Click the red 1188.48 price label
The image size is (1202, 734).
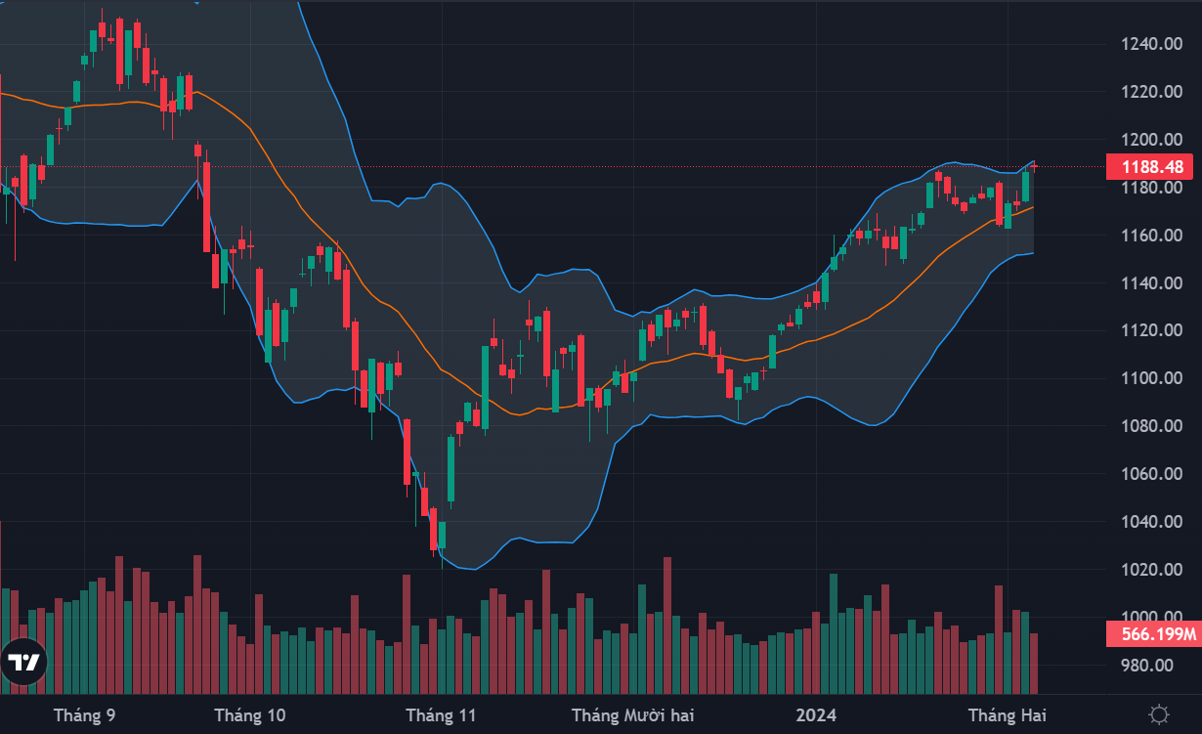coord(1153,167)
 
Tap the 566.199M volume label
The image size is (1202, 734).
coord(1153,635)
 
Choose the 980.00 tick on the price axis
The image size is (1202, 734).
coord(1145,666)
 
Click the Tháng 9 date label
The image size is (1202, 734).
coord(85,715)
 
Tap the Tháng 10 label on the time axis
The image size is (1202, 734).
coord(250,715)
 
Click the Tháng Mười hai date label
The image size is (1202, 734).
coord(632,715)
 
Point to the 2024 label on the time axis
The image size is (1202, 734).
coord(816,715)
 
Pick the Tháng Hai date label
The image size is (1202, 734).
coord(1007,715)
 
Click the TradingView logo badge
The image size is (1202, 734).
coord(23,663)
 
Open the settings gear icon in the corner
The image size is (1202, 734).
coord(1160,714)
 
